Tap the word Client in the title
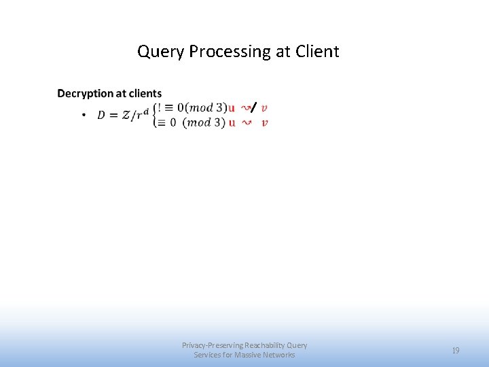click(x=317, y=52)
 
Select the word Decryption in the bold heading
click(x=84, y=93)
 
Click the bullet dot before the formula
click(x=83, y=116)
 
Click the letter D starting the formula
click(x=102, y=115)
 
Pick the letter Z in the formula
click(x=126, y=115)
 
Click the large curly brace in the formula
click(x=155, y=115)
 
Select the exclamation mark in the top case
click(x=160, y=107)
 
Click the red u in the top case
click(x=232, y=107)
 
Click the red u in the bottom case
click(x=232, y=122)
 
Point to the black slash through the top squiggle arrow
click(x=252, y=107)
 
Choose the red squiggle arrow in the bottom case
click(x=247, y=122)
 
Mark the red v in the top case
click(x=264, y=107)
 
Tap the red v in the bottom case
click(x=264, y=122)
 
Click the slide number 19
click(x=456, y=351)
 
